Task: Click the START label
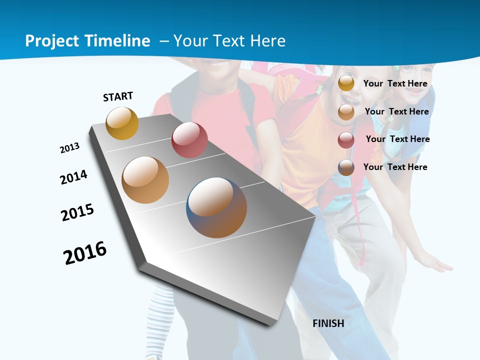pos(118,96)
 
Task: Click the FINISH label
pos(328,323)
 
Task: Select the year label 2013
pos(69,148)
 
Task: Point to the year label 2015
pos(77,212)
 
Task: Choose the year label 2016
pos(85,253)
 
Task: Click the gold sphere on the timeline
pos(122,123)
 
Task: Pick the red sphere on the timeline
pos(189,140)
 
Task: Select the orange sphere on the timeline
pos(145,180)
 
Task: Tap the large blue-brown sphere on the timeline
pos(216,207)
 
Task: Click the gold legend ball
pos(346,83)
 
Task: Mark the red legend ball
pos(346,140)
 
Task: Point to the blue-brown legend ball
pos(346,167)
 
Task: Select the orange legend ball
pos(346,111)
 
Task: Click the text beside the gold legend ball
pos(395,83)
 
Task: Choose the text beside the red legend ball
pos(397,139)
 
